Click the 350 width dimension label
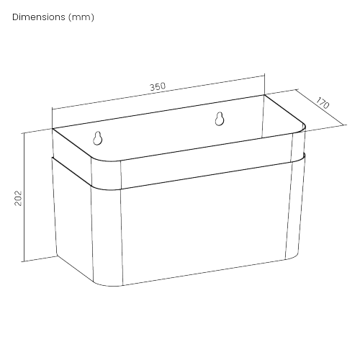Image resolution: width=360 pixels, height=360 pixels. pyautogui.click(x=158, y=86)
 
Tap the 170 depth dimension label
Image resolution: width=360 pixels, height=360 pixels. pyautogui.click(x=323, y=103)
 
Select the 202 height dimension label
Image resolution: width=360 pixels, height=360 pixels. pyautogui.click(x=18, y=198)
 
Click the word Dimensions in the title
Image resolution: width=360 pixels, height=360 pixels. pyautogui.click(x=39, y=17)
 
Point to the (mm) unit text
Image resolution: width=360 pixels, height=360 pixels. pyautogui.click(x=81, y=17)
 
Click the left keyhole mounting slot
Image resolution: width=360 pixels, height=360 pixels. pyautogui.click(x=98, y=138)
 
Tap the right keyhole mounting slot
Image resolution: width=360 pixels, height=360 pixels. pyautogui.click(x=220, y=119)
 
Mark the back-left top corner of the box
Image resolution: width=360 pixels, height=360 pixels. pyautogui.click(x=53, y=129)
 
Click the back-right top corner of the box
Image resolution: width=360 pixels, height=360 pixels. pyautogui.click(x=264, y=95)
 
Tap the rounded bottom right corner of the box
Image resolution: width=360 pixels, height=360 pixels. pyautogui.click(x=294, y=256)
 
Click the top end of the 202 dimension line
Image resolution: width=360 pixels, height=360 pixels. pyautogui.click(x=24, y=133)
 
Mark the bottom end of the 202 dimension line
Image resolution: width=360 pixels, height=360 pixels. pyautogui.click(x=24, y=261)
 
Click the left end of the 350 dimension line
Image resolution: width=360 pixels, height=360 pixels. pyautogui.click(x=53, y=109)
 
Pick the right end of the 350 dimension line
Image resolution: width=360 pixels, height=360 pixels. pyautogui.click(x=264, y=76)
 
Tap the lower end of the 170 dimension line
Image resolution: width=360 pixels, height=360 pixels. pyautogui.click(x=344, y=125)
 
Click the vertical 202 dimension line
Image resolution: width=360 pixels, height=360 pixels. pyautogui.click(x=24, y=197)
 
